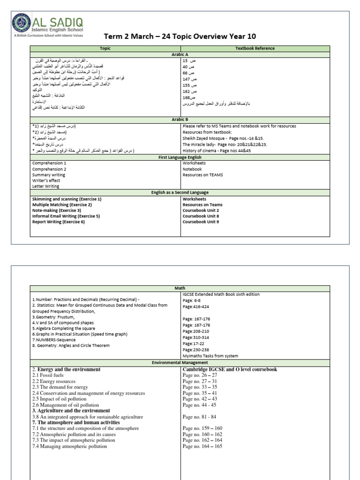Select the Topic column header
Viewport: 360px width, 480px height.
click(x=105, y=48)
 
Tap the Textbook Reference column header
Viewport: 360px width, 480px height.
click(x=255, y=48)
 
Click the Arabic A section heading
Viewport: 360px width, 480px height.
click(x=180, y=54)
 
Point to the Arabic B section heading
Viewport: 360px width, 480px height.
click(x=180, y=120)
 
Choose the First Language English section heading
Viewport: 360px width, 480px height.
click(x=180, y=157)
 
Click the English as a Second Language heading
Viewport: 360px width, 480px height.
click(x=180, y=193)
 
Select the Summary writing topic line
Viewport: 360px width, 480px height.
click(x=49, y=175)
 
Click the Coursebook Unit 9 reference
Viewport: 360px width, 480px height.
click(x=201, y=222)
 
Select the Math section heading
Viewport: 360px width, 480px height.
click(x=180, y=288)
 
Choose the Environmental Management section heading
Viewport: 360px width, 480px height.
click(x=180, y=363)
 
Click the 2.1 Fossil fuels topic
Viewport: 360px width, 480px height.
click(x=51, y=375)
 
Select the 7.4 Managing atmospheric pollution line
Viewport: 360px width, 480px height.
click(x=69, y=446)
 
